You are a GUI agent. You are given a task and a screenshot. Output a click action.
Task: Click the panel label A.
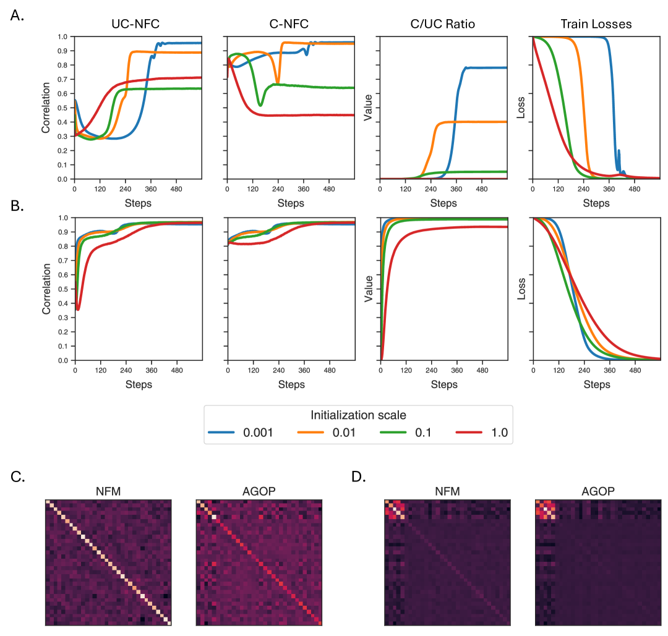[17, 16]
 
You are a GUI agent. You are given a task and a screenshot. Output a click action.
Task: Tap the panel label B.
[17, 205]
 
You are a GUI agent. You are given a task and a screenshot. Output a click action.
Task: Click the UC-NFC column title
[138, 25]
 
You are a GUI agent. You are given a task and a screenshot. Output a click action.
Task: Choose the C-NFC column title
[291, 25]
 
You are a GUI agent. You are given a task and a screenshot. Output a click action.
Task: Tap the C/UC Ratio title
[443, 25]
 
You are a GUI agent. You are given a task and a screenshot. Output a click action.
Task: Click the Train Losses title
[596, 25]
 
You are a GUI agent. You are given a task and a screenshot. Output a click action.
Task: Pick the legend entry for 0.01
[328, 433]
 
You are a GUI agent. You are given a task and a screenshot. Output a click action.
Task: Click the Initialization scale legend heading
[358, 415]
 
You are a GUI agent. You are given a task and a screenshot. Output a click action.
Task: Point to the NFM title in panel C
[108, 493]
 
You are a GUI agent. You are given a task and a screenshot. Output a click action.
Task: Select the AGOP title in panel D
[597, 493]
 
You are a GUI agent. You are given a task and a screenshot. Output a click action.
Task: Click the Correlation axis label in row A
[46, 108]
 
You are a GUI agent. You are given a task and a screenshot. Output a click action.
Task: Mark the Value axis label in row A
[369, 108]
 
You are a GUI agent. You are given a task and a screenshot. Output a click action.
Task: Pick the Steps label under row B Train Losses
[596, 384]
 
